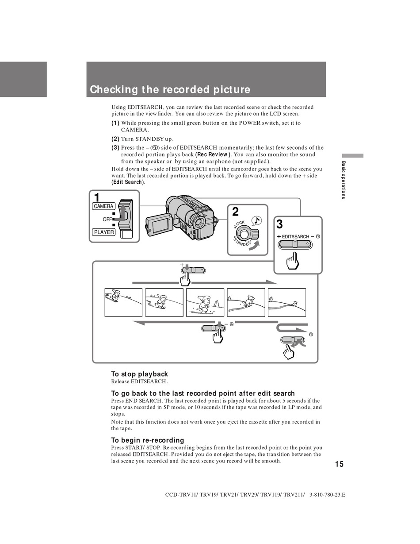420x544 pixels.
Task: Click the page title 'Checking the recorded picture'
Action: click(x=170, y=89)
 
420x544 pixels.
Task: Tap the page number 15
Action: click(x=339, y=464)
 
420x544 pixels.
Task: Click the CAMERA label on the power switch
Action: click(x=104, y=206)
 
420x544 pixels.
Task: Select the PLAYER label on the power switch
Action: click(x=104, y=232)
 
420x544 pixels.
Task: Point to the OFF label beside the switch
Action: click(x=107, y=219)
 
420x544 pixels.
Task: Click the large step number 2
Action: click(x=236, y=212)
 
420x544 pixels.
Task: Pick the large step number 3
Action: click(x=279, y=224)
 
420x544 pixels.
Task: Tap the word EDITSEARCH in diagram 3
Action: click(x=295, y=237)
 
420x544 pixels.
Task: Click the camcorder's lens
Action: click(x=198, y=221)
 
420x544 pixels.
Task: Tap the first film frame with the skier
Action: click(x=123, y=302)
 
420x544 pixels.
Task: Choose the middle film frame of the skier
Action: click(x=205, y=302)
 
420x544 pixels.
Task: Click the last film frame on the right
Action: click(x=287, y=302)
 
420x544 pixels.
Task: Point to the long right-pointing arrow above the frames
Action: click(x=234, y=282)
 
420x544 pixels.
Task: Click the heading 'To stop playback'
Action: click(x=139, y=374)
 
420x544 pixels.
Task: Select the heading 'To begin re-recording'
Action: click(x=147, y=440)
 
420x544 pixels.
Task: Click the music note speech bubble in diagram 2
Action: click(x=256, y=220)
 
